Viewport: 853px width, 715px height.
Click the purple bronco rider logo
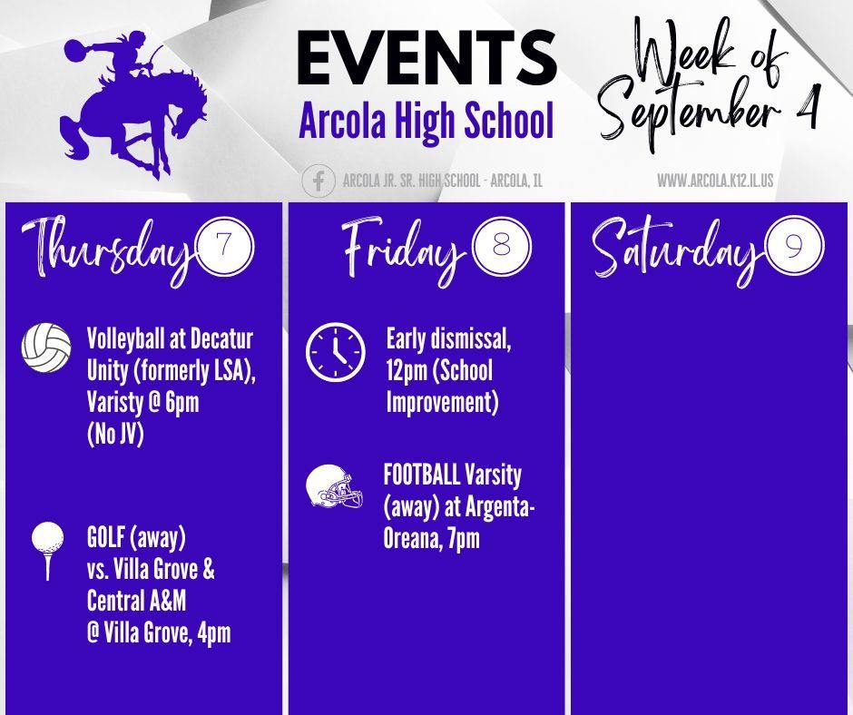coord(132,104)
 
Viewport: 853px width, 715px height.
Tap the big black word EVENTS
coord(427,58)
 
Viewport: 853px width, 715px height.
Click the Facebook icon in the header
coord(319,181)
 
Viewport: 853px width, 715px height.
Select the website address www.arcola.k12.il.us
coord(715,180)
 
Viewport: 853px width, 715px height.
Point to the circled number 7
coord(225,246)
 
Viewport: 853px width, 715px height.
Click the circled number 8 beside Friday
coord(501,246)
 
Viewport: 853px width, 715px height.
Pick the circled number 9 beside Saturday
coord(794,247)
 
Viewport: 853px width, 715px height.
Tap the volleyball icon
coord(46,348)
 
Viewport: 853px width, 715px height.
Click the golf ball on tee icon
coord(48,551)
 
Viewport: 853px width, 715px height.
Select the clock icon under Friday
coord(336,352)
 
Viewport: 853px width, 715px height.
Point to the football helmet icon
coord(334,486)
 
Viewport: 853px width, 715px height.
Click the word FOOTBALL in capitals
coord(422,475)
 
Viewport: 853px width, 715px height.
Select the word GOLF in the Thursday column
coord(106,536)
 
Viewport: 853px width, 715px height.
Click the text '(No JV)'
coord(115,435)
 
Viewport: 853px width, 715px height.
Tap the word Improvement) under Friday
coord(442,403)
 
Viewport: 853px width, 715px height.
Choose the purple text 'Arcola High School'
coord(426,121)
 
